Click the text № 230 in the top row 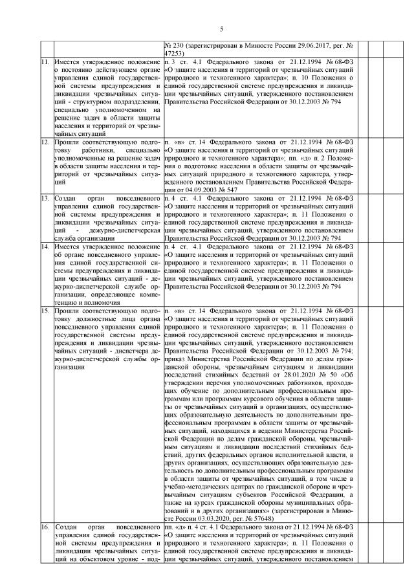(175, 48)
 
